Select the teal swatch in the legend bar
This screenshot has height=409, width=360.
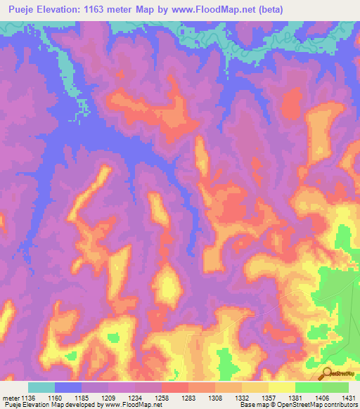point(41,387)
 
